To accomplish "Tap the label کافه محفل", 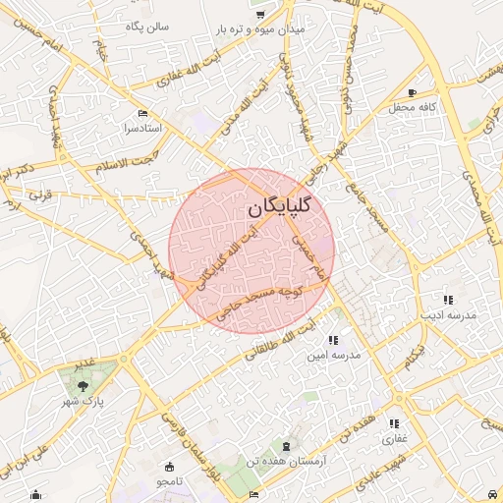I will pos(411,105).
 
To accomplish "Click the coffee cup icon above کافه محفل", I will pos(412,90).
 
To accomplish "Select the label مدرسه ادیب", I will pos(448,315).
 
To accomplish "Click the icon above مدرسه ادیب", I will pos(448,300).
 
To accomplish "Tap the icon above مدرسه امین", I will pos(333,339).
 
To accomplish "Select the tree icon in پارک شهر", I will pos(84,385).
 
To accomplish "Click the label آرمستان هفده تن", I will pos(293,461).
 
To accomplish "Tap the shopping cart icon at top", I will pos(261,15).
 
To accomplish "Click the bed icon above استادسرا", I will pos(144,113).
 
